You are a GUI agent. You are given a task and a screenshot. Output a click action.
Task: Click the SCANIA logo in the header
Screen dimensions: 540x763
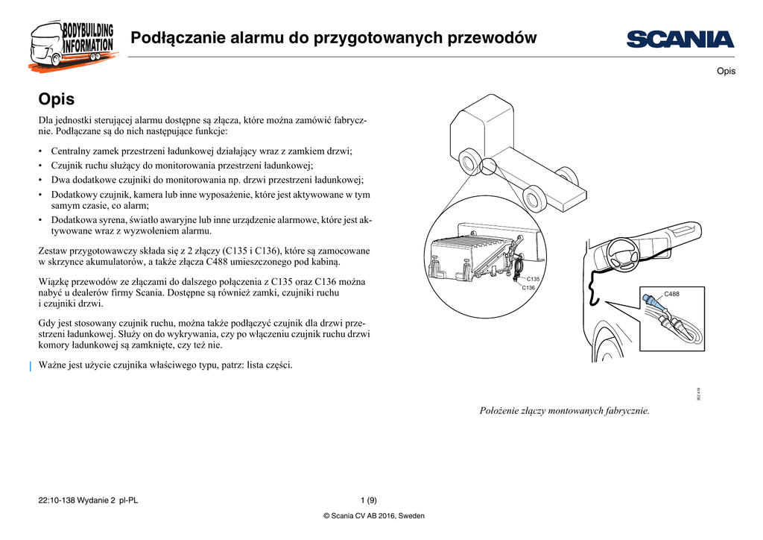pyautogui.click(x=680, y=39)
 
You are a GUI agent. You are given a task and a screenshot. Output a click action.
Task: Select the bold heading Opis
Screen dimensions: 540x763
pyautogui.click(x=56, y=98)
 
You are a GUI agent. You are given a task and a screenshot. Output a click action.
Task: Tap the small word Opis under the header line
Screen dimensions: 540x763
pyautogui.click(x=726, y=71)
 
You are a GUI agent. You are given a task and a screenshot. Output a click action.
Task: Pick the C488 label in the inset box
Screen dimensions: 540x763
pyautogui.click(x=671, y=294)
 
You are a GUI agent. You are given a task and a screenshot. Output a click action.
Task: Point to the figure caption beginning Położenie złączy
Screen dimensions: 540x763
pyautogui.click(x=564, y=410)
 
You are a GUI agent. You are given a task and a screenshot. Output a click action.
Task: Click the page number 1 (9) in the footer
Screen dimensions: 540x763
pyautogui.click(x=368, y=500)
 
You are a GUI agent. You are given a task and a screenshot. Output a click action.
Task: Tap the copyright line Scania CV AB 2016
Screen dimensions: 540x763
pyautogui.click(x=373, y=516)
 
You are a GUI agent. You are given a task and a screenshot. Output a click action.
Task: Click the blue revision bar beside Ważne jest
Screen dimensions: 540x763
pyautogui.click(x=30, y=365)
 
